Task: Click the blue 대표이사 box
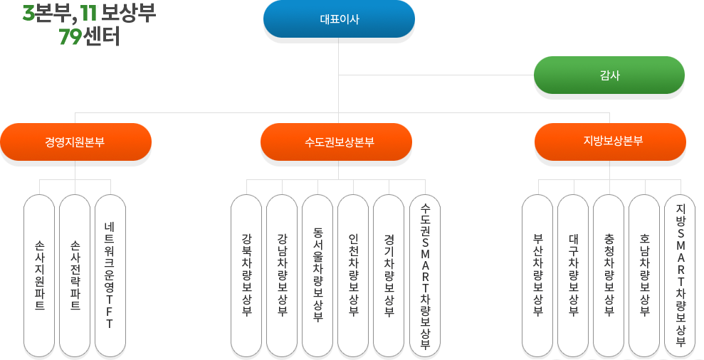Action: pyautogui.click(x=339, y=19)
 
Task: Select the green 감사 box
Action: pyautogui.click(x=609, y=75)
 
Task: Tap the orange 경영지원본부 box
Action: pyautogui.click(x=75, y=142)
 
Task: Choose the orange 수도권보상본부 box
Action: pyautogui.click(x=336, y=142)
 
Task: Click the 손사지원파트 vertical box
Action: pyautogui.click(x=39, y=275)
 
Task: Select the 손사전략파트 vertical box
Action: pyautogui.click(x=75, y=275)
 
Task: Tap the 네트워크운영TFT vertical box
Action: pyautogui.click(x=110, y=275)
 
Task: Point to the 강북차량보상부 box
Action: pyautogui.click(x=246, y=275)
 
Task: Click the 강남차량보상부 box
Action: pyautogui.click(x=282, y=275)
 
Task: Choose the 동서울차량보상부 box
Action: pyautogui.click(x=317, y=275)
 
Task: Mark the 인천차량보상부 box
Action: pyautogui.click(x=353, y=275)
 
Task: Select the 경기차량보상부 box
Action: pyautogui.click(x=389, y=275)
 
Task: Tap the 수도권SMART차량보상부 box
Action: pyautogui.click(x=425, y=275)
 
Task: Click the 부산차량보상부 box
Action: pyautogui.click(x=538, y=275)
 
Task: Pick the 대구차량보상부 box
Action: pyautogui.click(x=574, y=275)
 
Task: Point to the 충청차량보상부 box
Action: pyautogui.click(x=609, y=275)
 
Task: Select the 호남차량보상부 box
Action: pyautogui.click(x=644, y=275)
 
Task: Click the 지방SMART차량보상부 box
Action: pyautogui.click(x=680, y=275)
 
